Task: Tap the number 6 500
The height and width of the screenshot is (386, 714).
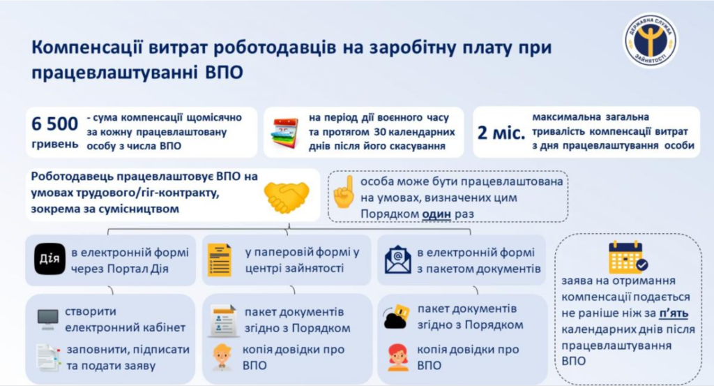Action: point(54,124)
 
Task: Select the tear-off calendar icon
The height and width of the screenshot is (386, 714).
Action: point(284,133)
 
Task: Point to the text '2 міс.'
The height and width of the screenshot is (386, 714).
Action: point(501,133)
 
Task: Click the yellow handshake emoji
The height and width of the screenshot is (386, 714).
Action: point(287,196)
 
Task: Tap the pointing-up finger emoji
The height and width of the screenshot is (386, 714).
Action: point(344,192)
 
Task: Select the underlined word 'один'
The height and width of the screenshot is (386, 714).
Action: point(436,214)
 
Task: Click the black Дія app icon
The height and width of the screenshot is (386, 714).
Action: point(50,259)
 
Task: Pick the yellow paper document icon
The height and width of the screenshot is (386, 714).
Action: point(220,260)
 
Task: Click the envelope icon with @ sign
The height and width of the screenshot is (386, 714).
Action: point(397,260)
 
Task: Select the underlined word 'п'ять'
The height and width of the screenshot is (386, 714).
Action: point(674,313)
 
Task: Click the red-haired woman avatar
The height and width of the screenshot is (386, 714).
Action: point(398,358)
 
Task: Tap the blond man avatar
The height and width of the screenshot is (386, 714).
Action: point(222,357)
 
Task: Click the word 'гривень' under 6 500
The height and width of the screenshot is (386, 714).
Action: point(54,144)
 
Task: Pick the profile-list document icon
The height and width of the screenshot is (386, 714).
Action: point(222,321)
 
